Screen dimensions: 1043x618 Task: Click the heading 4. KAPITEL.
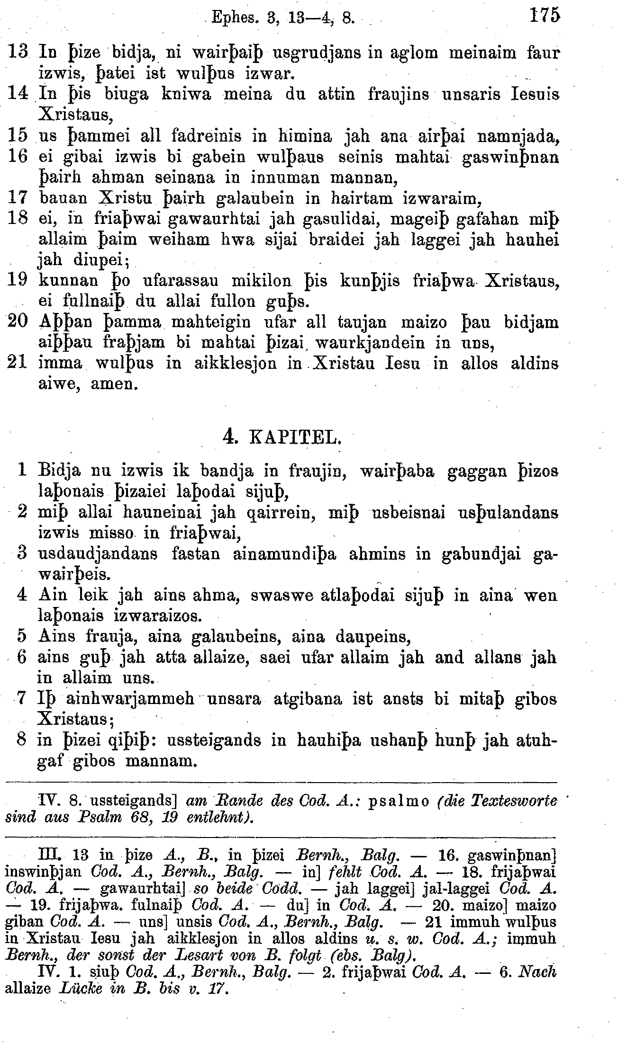(x=282, y=437)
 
